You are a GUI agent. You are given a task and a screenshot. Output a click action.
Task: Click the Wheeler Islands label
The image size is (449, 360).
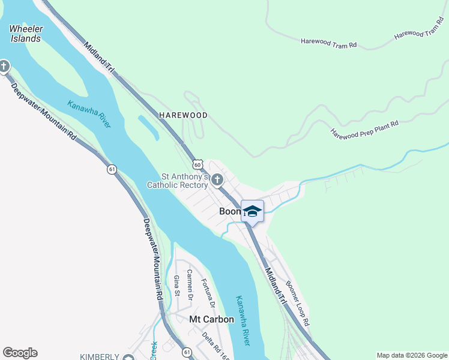click(x=25, y=33)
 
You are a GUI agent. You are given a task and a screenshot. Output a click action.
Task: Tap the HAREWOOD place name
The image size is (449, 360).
click(x=183, y=115)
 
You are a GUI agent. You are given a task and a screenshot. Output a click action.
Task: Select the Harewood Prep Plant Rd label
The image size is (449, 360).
click(x=365, y=129)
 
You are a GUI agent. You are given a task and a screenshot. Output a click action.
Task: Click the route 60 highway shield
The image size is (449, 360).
click(x=197, y=164)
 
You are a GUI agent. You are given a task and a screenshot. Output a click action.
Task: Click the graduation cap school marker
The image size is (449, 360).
click(x=253, y=211)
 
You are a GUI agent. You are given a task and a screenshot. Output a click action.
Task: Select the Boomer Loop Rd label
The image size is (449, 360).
click(x=298, y=303)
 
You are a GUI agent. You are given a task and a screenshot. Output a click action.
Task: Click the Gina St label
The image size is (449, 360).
click(x=176, y=286)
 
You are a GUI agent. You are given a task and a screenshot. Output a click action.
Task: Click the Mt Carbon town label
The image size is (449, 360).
click(x=211, y=319)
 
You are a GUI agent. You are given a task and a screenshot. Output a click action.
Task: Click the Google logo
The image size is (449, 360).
click(x=20, y=353)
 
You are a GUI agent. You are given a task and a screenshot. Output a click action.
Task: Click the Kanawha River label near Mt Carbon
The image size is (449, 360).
click(x=242, y=320)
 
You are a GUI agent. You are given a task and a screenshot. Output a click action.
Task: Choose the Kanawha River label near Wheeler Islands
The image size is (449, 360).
click(x=89, y=113)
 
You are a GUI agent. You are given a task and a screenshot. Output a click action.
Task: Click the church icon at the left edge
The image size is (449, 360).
click(x=4, y=65)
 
